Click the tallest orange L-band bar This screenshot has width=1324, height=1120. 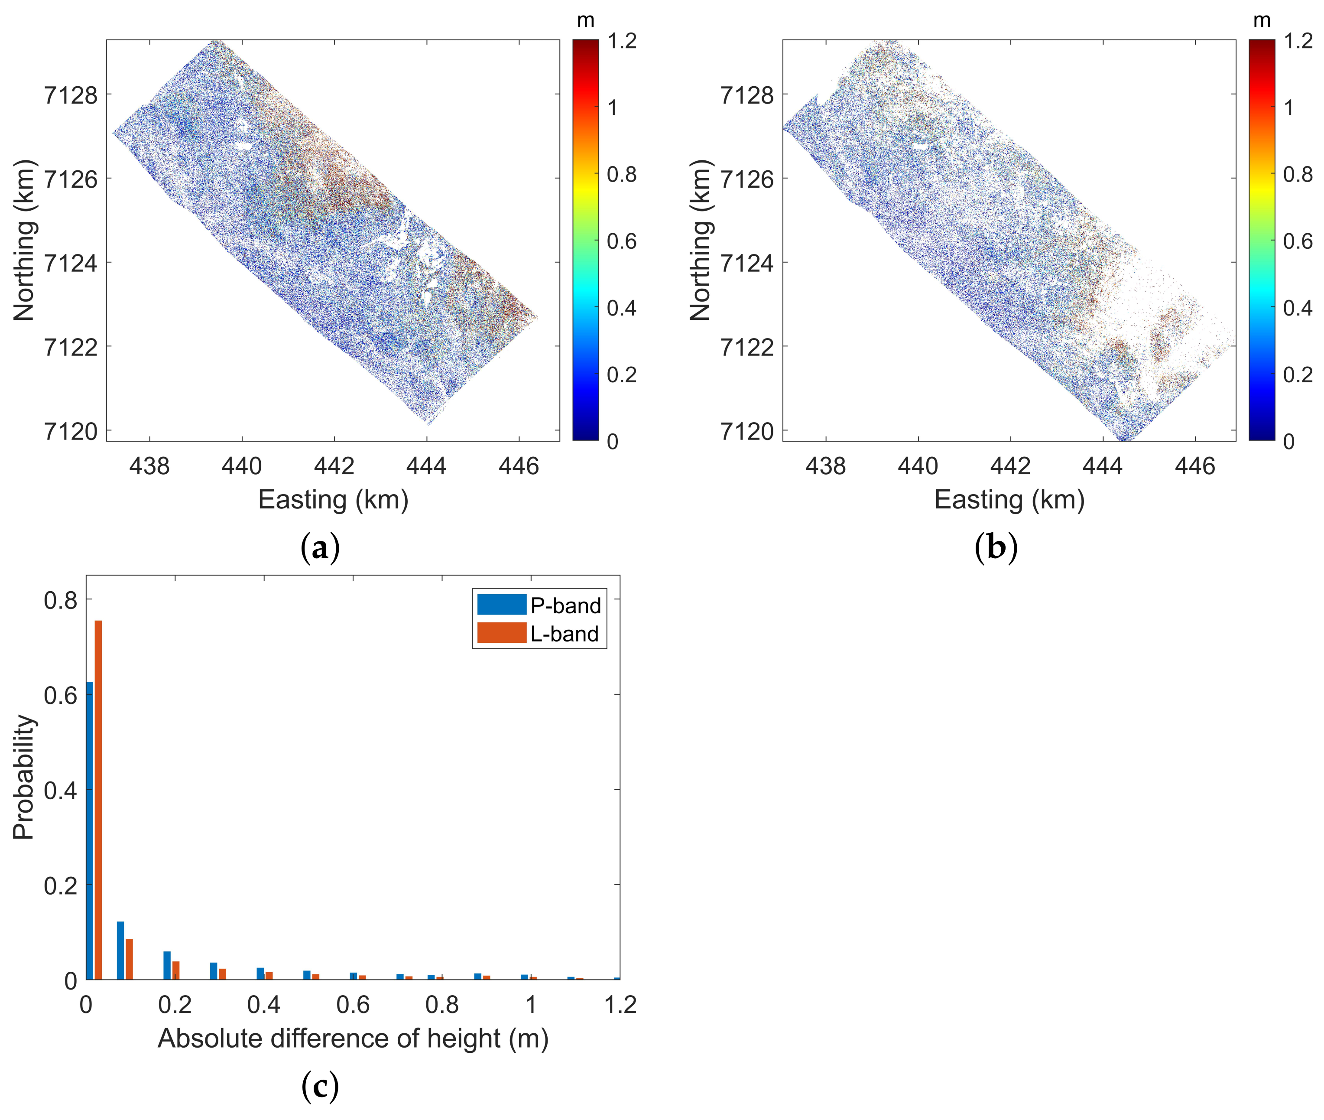point(98,800)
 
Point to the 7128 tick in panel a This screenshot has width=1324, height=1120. point(71,95)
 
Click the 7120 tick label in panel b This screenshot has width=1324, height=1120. point(747,432)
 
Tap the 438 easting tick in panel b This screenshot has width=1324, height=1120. point(825,466)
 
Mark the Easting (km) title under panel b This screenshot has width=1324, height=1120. point(1009,500)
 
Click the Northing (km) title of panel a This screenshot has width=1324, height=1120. point(24,240)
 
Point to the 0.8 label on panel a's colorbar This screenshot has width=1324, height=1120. point(621,174)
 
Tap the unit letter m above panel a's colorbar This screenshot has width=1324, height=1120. point(585,20)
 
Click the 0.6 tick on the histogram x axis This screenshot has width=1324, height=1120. point(353,1005)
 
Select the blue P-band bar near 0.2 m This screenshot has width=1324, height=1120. point(167,965)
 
